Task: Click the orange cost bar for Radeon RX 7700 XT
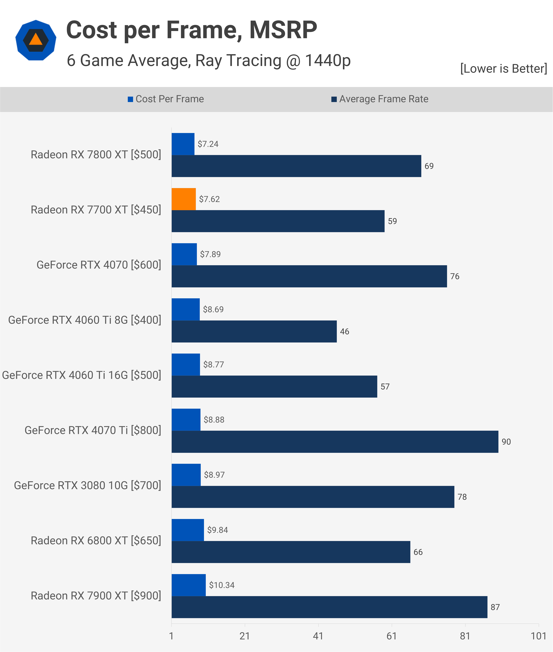click(x=184, y=199)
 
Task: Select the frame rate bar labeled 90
click(x=335, y=442)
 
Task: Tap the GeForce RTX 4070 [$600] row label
click(x=99, y=265)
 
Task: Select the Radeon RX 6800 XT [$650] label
click(x=96, y=541)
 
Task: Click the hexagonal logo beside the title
click(x=36, y=40)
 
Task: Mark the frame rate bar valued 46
click(x=254, y=331)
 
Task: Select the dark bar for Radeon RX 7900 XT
click(x=329, y=607)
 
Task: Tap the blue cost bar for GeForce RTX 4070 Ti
click(x=186, y=420)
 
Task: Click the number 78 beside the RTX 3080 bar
click(x=462, y=497)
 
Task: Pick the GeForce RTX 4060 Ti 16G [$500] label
click(x=81, y=375)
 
